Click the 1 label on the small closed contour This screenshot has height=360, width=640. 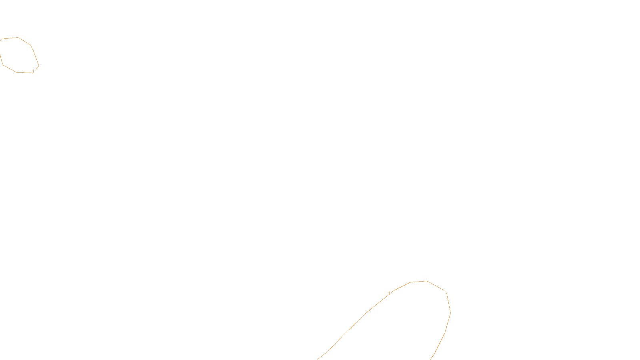tap(33, 71)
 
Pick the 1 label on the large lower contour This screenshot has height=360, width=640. tap(389, 294)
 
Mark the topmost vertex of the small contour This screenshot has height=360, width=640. tap(18, 38)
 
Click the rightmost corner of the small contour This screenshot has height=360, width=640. tap(39, 66)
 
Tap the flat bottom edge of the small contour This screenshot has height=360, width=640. tap(24, 72)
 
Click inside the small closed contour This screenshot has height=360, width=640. tap(18, 55)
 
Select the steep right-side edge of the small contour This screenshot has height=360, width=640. tap(35, 55)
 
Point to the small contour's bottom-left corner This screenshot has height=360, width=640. tap(4, 65)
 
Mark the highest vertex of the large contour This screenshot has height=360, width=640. tap(427, 281)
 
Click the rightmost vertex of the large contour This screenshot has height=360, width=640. tap(450, 313)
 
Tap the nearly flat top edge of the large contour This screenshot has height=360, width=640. tap(419, 282)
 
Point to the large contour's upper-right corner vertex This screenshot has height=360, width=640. tap(446, 292)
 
